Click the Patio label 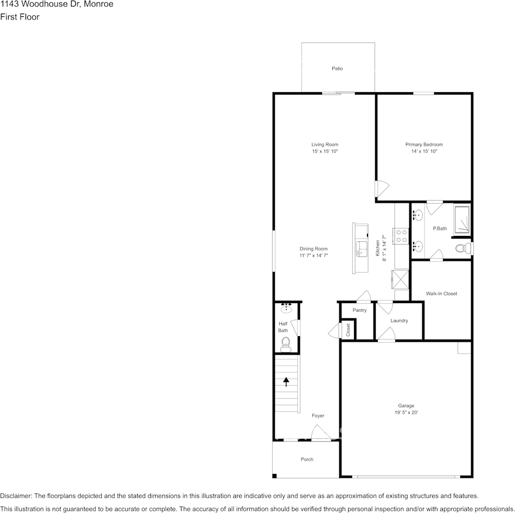(x=337, y=68)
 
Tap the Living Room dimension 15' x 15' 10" (x=325, y=152)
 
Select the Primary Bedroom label (x=424, y=144)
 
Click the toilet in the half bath (x=286, y=343)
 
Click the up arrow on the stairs (x=286, y=381)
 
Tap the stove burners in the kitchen (x=402, y=235)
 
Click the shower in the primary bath (x=461, y=220)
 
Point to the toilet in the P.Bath (x=461, y=248)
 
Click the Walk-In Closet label (x=441, y=293)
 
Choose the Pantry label (x=359, y=310)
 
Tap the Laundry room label (x=399, y=320)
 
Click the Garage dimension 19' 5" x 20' (x=406, y=413)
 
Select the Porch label (x=307, y=459)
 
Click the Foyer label (x=318, y=416)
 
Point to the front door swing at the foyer (x=320, y=432)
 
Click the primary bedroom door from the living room (x=382, y=188)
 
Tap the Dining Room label (x=314, y=249)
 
